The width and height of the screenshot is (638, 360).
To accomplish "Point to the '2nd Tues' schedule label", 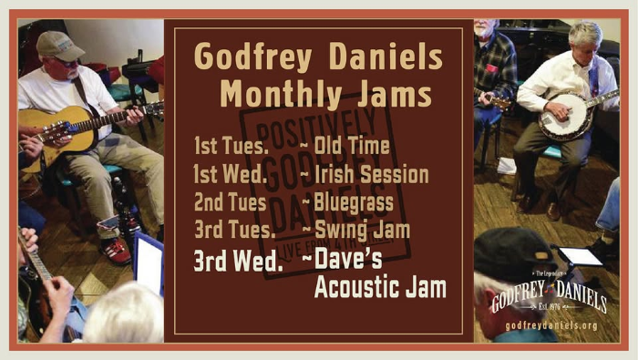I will (230, 201).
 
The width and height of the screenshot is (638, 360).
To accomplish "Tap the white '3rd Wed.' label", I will (236, 261).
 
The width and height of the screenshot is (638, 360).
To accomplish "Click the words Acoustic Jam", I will (380, 289).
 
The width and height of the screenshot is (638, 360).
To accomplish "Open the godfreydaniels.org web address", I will (551, 325).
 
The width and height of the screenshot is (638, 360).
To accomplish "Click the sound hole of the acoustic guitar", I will (66, 129).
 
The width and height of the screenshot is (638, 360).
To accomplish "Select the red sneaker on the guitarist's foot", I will (116, 249).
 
